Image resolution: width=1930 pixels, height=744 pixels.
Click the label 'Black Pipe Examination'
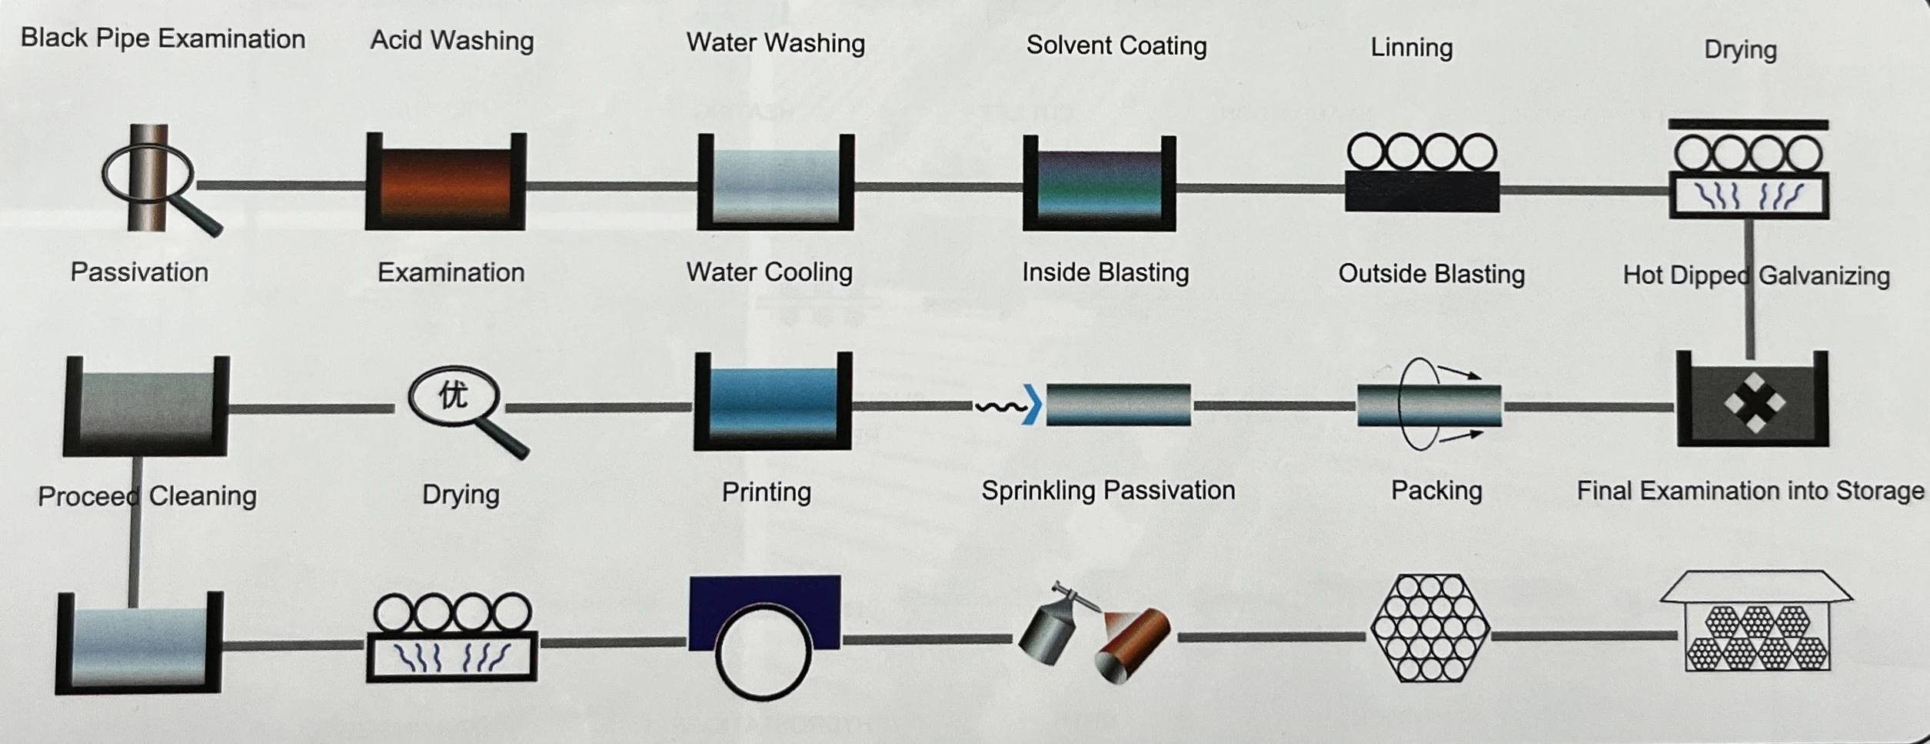pos(163,38)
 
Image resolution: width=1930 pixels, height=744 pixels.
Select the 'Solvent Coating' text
pos(1116,45)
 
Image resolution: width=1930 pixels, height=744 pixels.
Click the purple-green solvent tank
pos(1100,184)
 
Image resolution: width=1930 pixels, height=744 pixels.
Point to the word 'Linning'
pos(1412,48)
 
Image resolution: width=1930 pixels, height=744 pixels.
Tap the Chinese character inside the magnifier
pos(453,395)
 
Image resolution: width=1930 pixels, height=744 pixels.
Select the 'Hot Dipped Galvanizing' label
pos(1756,275)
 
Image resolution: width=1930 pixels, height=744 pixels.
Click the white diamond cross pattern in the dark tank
pos(1755,402)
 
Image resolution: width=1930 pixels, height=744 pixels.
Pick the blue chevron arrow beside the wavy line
pos(1033,405)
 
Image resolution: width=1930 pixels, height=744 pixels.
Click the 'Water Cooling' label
pos(769,272)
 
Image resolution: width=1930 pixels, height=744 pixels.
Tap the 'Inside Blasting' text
pos(1105,272)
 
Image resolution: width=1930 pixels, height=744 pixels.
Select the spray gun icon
pos(1053,623)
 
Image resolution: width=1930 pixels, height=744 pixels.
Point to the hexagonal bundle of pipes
pos(1429,628)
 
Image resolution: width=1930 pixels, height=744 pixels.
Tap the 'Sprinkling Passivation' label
pos(1108,491)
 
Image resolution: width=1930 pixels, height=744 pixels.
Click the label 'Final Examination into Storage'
pos(1750,491)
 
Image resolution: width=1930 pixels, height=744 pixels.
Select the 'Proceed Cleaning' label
pos(147,496)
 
